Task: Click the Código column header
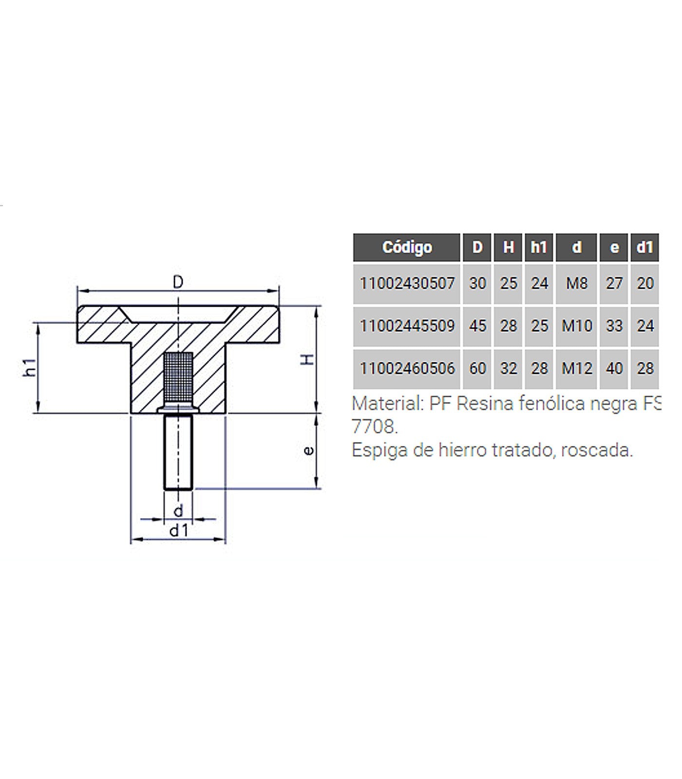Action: click(x=407, y=247)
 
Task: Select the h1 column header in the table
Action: click(x=539, y=247)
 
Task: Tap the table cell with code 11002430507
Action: click(x=407, y=283)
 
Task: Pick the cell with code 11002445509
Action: click(x=407, y=326)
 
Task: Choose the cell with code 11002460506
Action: click(x=407, y=369)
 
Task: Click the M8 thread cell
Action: click(x=577, y=283)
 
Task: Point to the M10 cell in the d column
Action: click(x=577, y=326)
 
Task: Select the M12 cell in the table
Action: click(x=577, y=369)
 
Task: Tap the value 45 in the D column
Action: click(x=477, y=326)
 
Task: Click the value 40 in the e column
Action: click(x=614, y=369)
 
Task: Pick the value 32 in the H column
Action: click(x=508, y=369)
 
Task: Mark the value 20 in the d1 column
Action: click(x=645, y=283)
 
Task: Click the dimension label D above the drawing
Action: click(x=178, y=282)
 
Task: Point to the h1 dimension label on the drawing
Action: click(x=30, y=367)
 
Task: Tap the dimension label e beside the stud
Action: click(x=309, y=451)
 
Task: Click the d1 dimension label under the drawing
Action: click(x=178, y=531)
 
